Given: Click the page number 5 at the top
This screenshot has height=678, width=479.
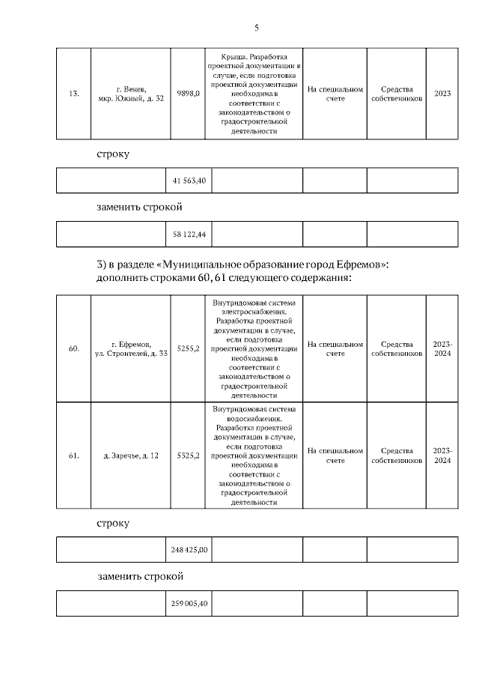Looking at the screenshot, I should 256,28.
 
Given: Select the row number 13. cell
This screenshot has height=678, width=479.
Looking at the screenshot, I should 73,94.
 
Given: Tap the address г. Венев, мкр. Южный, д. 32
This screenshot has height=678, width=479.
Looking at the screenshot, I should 131,94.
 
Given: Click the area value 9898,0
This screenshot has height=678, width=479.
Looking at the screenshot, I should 188,94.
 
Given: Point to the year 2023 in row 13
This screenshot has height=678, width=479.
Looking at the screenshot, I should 442,94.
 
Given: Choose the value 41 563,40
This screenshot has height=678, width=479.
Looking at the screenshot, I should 189,181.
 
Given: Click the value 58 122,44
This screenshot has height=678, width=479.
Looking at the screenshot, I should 189,234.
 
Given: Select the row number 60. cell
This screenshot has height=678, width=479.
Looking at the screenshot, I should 73,348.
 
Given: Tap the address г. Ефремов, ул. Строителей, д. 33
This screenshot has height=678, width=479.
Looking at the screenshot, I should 131,348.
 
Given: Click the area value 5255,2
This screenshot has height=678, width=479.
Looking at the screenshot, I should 188,348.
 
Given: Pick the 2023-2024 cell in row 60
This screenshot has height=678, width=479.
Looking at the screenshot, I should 442,348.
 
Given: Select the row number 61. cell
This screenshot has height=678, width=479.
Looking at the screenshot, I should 73,455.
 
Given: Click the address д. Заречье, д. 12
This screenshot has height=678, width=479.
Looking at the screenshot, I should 131,455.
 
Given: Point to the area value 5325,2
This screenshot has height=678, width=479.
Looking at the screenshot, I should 188,455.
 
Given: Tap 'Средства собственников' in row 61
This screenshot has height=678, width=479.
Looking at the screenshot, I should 397,455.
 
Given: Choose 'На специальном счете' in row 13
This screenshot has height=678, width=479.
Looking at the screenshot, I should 335,94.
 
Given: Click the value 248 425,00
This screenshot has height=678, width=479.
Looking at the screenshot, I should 189,550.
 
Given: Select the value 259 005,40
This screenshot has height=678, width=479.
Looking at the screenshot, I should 189,603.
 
